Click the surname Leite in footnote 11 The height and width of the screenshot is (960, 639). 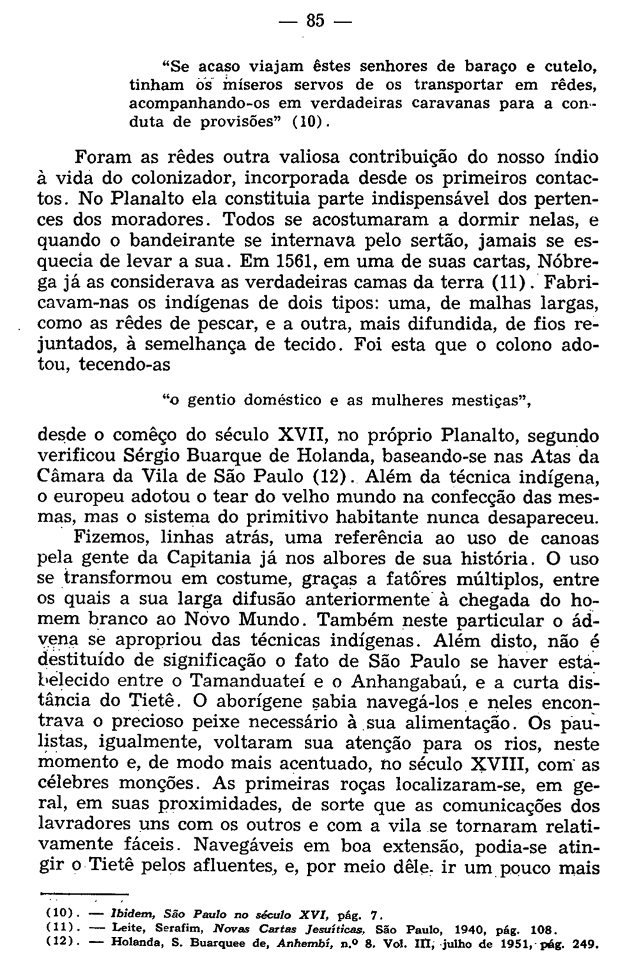(127, 927)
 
